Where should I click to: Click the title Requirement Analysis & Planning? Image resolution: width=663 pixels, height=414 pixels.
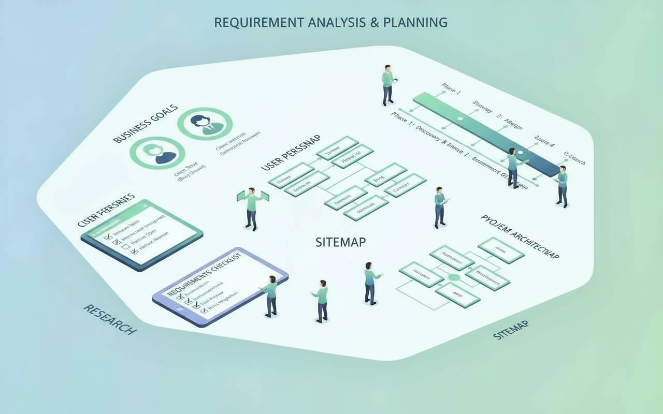pyautogui.click(x=330, y=22)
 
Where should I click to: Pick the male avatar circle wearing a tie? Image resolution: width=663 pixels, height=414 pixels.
pyautogui.click(x=205, y=124)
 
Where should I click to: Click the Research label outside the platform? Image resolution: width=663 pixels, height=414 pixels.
pyautogui.click(x=110, y=319)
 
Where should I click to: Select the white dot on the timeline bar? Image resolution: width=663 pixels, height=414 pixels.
pyautogui.click(x=459, y=119)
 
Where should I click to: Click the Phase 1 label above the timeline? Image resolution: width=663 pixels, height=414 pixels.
pyautogui.click(x=451, y=88)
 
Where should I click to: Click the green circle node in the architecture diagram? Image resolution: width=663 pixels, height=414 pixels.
pyautogui.click(x=454, y=278)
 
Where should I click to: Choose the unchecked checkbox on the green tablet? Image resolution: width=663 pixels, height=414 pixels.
pyautogui.click(x=125, y=247)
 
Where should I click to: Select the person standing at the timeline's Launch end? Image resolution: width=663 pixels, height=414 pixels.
pyautogui.click(x=562, y=186)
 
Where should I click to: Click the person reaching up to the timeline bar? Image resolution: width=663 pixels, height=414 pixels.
pyautogui.click(x=513, y=167)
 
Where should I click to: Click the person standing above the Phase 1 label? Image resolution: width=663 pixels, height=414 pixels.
pyautogui.click(x=387, y=85)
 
